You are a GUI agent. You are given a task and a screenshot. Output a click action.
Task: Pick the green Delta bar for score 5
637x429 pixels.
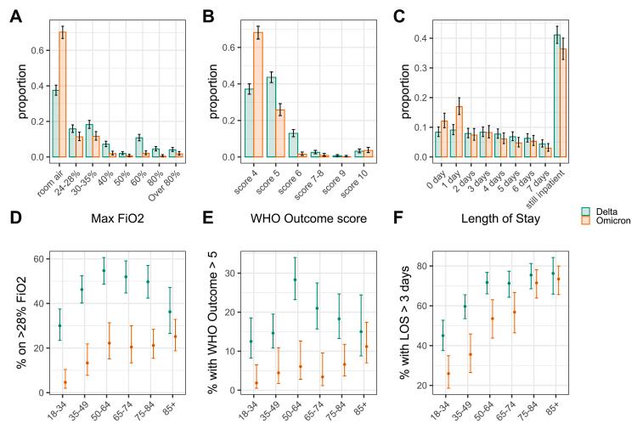272,117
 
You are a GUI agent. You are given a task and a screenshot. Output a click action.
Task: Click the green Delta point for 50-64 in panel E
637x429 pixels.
295,279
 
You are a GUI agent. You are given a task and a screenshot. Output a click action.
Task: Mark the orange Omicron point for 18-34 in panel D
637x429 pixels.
65,382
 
